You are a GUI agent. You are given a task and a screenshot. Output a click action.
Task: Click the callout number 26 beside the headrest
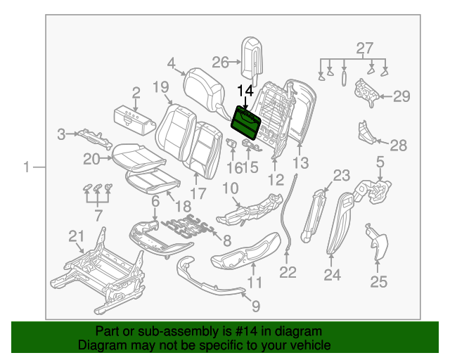tap(221, 63)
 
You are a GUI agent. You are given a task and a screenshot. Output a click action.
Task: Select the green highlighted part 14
tap(247, 121)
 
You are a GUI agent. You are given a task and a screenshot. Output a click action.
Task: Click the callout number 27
tap(363, 49)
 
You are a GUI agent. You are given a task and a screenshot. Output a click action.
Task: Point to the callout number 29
tap(401, 97)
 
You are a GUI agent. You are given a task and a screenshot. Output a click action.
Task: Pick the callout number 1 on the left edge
tap(27, 167)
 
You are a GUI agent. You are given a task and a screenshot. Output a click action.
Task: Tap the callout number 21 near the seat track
tap(76, 236)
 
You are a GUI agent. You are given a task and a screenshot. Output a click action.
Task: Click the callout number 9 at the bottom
tap(255, 306)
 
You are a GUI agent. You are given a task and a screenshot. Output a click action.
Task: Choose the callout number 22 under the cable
tap(288, 271)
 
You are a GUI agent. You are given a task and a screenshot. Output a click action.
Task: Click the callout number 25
tap(379, 282)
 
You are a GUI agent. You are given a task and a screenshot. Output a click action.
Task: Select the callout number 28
tap(399, 146)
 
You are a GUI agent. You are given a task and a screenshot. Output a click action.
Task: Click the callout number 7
tap(98, 214)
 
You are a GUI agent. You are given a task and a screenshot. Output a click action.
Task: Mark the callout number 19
tap(160, 87)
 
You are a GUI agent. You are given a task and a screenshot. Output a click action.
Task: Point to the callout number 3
tap(61, 134)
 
